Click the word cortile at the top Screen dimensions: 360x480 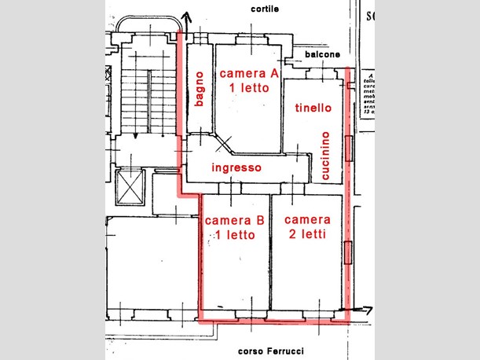pyautogui.click(x=266, y=9)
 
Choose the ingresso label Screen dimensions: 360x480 pyautogui.click(x=236, y=168)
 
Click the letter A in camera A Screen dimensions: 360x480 pyautogui.click(x=274, y=73)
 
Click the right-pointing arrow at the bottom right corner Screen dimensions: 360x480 pyautogui.click(x=361, y=310)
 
